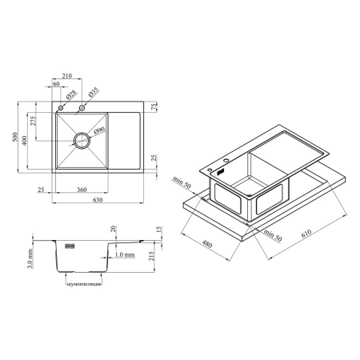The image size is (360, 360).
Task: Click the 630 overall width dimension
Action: pos(98,200)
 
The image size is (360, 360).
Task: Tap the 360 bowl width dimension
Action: pos(82,190)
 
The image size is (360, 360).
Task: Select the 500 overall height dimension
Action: pos(15,137)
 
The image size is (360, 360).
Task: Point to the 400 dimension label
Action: pos(24,141)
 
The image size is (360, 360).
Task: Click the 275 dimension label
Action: pos(33,121)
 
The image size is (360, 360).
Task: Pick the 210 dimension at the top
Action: pos(66,76)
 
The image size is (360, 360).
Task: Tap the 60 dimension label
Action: pos(56,84)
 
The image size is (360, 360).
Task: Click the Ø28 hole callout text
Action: pos(71,94)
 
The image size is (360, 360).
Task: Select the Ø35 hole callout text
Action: pos(93,92)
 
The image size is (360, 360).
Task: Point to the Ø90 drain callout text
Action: pos(100,130)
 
